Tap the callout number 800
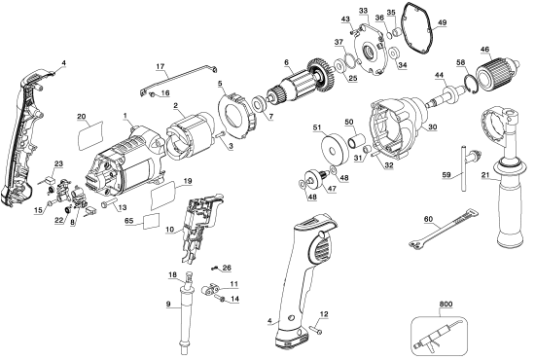tap(447, 305)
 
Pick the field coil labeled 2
tap(190, 131)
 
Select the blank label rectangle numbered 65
tap(149, 221)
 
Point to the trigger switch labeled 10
tap(201, 226)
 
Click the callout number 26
tap(227, 268)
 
